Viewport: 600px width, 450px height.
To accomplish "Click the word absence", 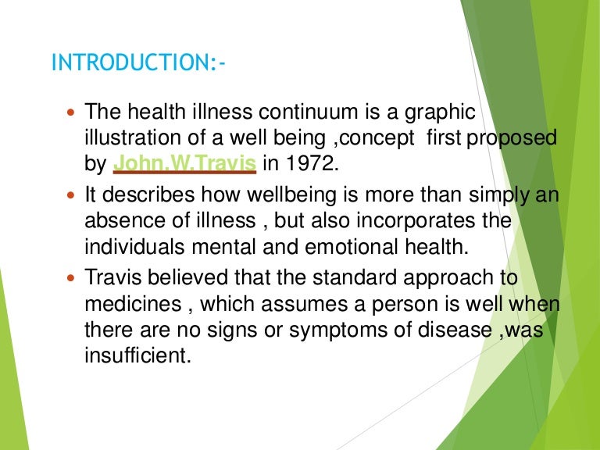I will coord(120,221).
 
